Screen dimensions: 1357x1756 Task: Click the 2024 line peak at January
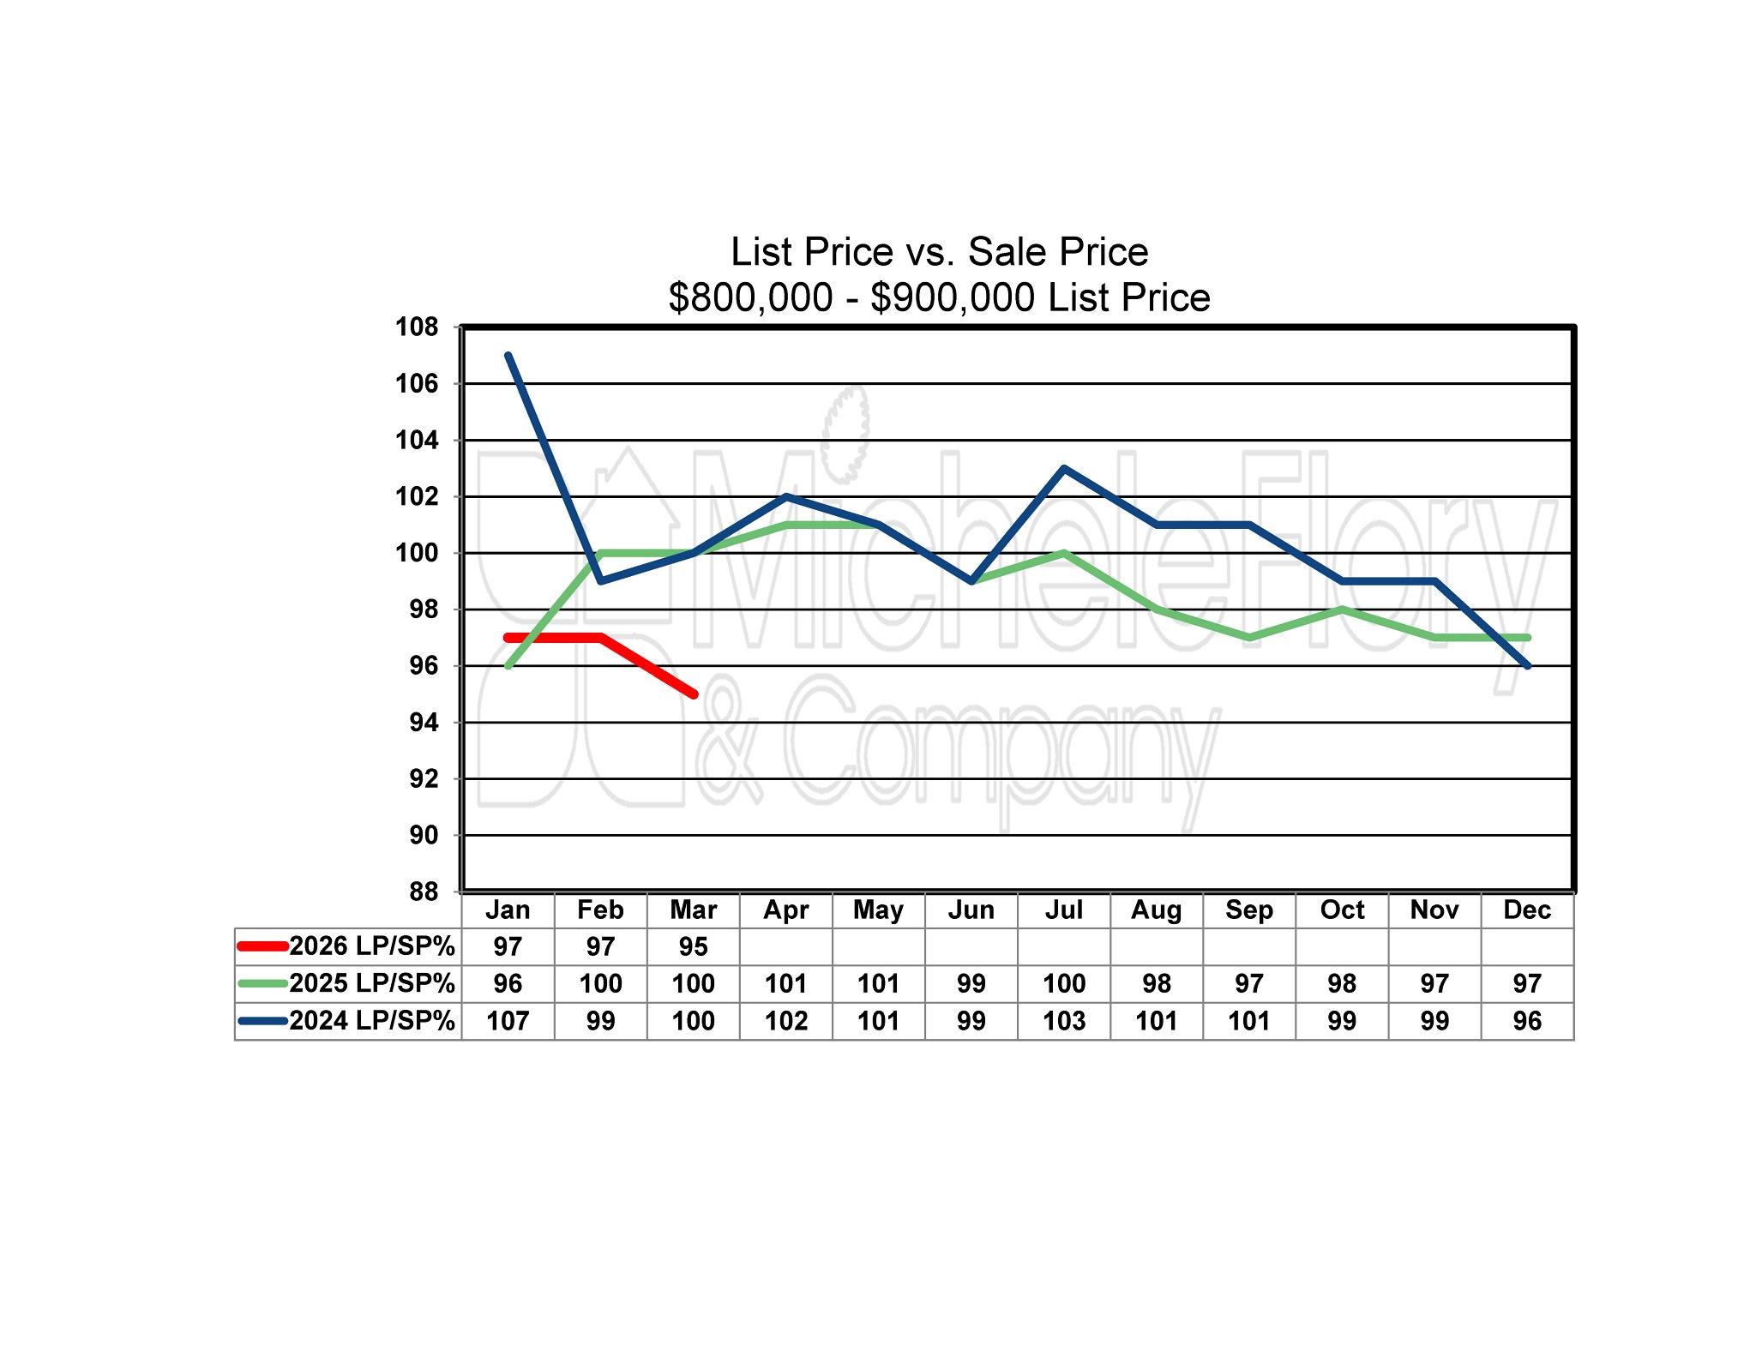[x=508, y=356]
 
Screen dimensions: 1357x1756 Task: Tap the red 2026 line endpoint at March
[x=693, y=694]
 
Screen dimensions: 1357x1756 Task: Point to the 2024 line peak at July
[x=1064, y=469]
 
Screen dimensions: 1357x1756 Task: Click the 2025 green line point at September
[x=1249, y=637]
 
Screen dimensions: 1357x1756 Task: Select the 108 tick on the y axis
[x=417, y=327]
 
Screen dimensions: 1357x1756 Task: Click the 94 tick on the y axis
[x=423, y=723]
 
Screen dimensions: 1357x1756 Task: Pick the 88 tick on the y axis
[x=423, y=892]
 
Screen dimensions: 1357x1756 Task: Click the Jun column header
[x=971, y=910]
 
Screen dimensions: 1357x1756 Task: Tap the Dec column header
[x=1527, y=910]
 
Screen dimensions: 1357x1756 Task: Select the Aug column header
[x=1157, y=910]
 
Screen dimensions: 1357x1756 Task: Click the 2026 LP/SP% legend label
[x=371, y=946]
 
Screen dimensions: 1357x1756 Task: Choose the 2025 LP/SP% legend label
[x=371, y=983]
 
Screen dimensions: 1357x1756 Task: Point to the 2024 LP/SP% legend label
[x=371, y=1021]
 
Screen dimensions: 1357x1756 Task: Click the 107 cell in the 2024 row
[x=508, y=1021]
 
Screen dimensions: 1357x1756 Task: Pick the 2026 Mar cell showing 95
[x=693, y=946]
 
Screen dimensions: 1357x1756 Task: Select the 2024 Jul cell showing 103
[x=1064, y=1021]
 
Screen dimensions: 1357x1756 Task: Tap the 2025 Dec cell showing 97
[x=1527, y=983]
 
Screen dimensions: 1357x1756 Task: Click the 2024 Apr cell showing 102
[x=786, y=1021]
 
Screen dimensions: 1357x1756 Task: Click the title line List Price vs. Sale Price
[x=939, y=252]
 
